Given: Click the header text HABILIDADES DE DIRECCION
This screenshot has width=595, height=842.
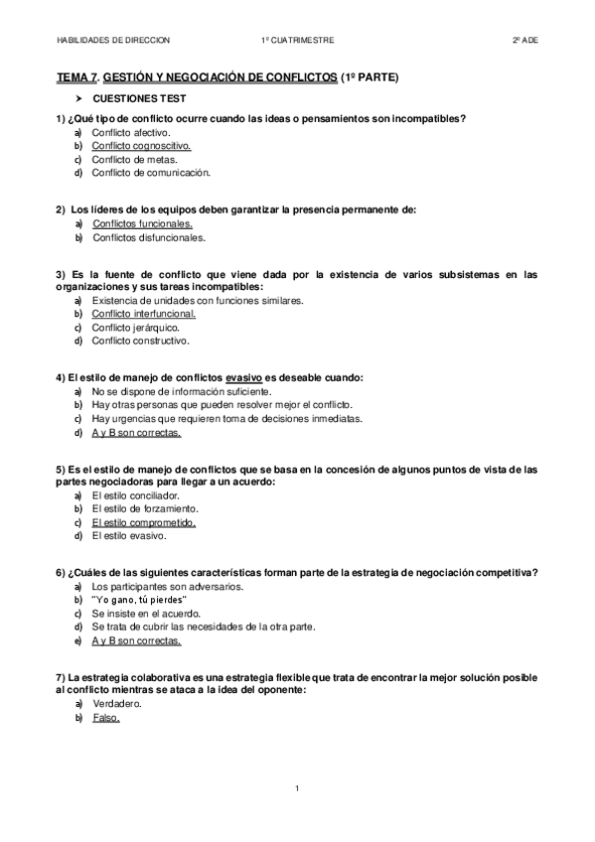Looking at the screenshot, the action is click(x=113, y=40).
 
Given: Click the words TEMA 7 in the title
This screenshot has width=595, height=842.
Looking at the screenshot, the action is click(x=77, y=76).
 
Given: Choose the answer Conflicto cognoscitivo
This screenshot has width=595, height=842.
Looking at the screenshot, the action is click(x=141, y=146).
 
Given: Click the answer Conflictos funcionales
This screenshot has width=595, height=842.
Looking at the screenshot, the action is click(x=142, y=223).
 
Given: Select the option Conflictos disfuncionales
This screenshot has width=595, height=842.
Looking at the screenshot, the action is click(x=149, y=237).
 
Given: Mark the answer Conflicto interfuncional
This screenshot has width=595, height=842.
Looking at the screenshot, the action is click(x=144, y=314).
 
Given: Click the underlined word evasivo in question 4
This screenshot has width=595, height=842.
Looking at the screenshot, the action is click(x=243, y=377).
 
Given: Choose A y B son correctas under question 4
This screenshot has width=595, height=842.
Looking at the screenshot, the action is click(x=136, y=433).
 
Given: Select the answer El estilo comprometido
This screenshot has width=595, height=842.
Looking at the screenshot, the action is click(x=144, y=522).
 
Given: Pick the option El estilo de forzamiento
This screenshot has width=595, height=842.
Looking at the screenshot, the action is click(x=140, y=508).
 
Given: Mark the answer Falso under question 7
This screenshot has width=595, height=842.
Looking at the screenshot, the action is click(x=105, y=717).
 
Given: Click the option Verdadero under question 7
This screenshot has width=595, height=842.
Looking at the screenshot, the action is click(x=116, y=703).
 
